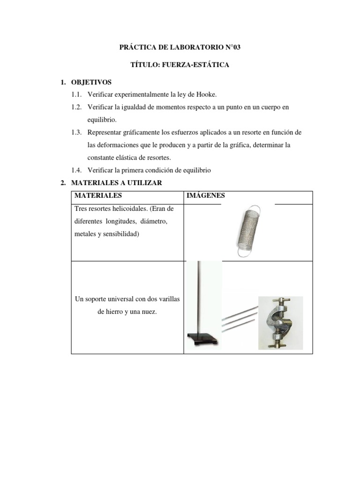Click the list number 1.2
(x=77, y=107)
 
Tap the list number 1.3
(x=77, y=132)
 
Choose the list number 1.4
(x=77, y=170)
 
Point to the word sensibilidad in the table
(x=118, y=234)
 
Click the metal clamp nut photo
(x=280, y=323)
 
